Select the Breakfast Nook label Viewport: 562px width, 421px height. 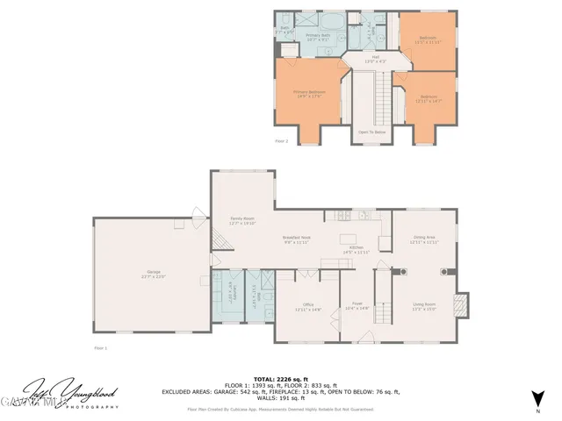(x=296, y=239)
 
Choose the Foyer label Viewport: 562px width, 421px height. (x=357, y=306)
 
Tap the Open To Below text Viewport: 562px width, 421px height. (x=371, y=132)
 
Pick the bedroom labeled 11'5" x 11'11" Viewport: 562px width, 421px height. (x=428, y=39)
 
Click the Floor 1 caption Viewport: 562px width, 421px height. (x=100, y=348)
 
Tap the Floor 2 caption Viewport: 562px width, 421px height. (x=281, y=139)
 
